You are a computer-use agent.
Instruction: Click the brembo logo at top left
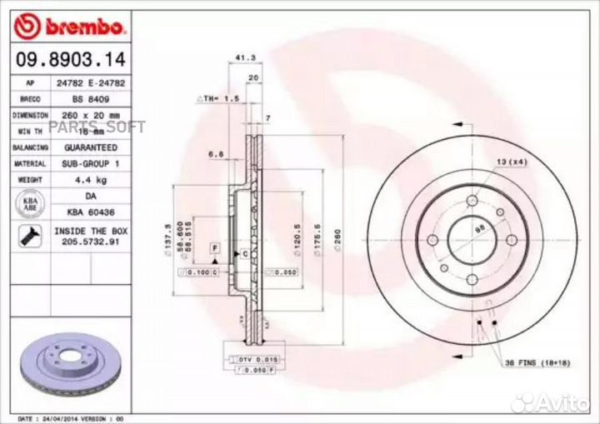click(70, 27)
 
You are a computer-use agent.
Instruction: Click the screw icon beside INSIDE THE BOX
click(28, 234)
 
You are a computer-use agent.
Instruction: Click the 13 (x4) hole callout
click(511, 160)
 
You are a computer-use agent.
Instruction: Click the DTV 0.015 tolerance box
click(249, 358)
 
